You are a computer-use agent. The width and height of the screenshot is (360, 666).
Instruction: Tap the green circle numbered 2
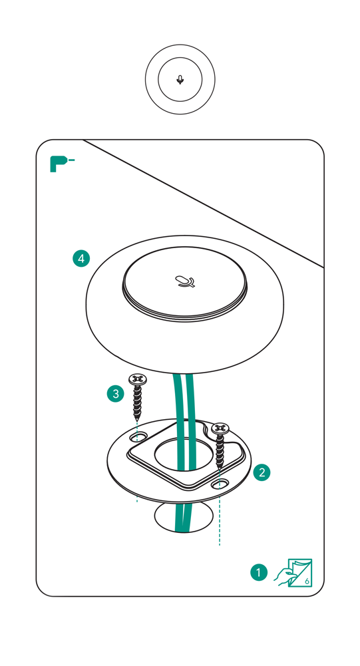(262, 472)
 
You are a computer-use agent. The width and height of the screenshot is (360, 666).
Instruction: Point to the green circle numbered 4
(81, 259)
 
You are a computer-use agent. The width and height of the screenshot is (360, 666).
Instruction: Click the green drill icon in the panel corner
(60, 164)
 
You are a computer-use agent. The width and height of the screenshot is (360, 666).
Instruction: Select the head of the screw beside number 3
(138, 379)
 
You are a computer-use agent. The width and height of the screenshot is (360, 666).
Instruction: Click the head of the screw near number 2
(220, 427)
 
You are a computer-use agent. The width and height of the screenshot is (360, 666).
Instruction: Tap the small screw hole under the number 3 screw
(140, 437)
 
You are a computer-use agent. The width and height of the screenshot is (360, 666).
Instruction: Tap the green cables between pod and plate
(183, 399)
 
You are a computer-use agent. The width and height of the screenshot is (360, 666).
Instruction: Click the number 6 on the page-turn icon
(305, 580)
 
